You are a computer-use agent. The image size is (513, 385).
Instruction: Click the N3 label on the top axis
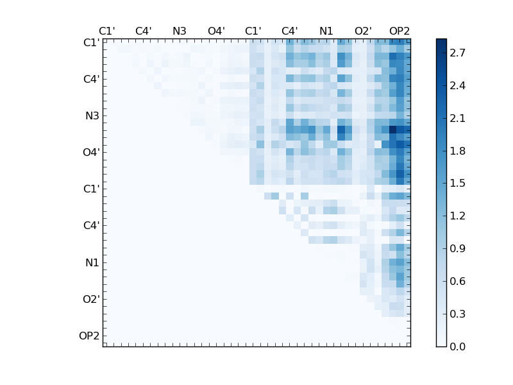[x=180, y=31]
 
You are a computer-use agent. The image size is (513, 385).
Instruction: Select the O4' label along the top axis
[x=216, y=31]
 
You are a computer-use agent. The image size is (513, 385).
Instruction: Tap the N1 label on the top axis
[x=326, y=31]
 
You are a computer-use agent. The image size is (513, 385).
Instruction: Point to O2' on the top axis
[x=363, y=31]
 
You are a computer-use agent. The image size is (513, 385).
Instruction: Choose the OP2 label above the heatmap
[x=399, y=31]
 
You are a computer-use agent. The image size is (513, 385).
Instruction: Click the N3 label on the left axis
[x=92, y=116]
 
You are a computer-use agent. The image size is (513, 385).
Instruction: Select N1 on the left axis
[x=92, y=262]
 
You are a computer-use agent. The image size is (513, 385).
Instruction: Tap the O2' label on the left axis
[x=90, y=299]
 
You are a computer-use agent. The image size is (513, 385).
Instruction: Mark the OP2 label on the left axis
[x=89, y=336]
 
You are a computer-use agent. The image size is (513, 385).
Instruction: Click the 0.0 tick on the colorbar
[x=457, y=346]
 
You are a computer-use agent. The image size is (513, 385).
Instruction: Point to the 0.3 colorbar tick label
[x=457, y=314]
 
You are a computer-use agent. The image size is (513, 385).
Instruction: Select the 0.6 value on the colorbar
[x=457, y=281]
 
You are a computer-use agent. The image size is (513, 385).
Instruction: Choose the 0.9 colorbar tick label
[x=457, y=248]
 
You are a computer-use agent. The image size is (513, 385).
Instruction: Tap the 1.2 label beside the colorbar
[x=457, y=216]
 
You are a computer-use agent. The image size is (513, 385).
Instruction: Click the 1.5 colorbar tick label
[x=457, y=184]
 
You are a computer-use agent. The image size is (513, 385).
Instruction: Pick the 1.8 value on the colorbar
[x=457, y=151]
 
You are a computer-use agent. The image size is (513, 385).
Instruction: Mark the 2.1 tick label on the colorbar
[x=457, y=118]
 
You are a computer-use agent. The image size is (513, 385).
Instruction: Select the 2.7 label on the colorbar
[x=457, y=53]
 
